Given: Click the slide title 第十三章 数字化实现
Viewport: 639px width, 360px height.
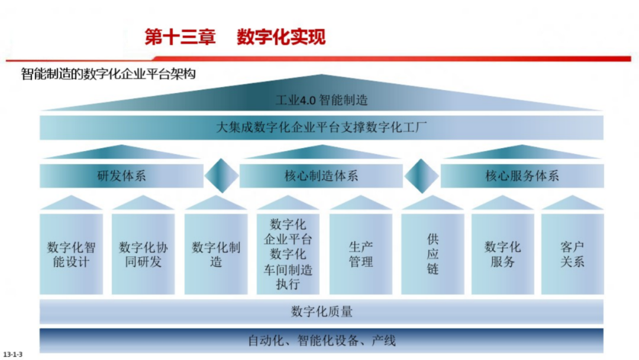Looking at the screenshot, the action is pyautogui.click(x=235, y=37).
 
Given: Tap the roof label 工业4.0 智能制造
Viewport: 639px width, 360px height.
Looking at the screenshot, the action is pyautogui.click(x=321, y=100).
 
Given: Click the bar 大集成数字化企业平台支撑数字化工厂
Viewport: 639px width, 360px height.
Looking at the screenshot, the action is pyautogui.click(x=321, y=127).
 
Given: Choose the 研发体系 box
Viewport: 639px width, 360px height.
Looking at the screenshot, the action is pyautogui.click(x=121, y=176).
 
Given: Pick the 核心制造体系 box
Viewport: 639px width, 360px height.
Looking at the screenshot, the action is pyautogui.click(x=321, y=176).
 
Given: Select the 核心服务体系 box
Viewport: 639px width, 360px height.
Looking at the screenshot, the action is pyautogui.click(x=522, y=176).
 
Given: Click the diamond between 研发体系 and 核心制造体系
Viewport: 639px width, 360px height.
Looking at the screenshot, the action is pyautogui.click(x=221, y=176).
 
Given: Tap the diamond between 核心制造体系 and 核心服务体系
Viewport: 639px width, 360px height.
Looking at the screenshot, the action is pyautogui.click(x=421, y=176).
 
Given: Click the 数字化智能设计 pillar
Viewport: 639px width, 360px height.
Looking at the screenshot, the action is pyautogui.click(x=71, y=254).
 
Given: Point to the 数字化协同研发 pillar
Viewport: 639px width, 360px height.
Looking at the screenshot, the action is pyautogui.click(x=143, y=254).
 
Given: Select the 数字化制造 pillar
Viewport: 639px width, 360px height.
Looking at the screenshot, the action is pyautogui.click(x=215, y=254).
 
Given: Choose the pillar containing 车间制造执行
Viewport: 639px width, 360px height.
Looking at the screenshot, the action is pyautogui.click(x=288, y=254).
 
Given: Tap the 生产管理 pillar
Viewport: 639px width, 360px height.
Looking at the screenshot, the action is pyautogui.click(x=360, y=254).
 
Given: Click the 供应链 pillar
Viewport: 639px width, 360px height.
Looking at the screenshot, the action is pyautogui.click(x=433, y=254).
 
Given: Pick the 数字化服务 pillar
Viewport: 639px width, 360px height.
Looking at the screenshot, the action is pyautogui.click(x=502, y=254).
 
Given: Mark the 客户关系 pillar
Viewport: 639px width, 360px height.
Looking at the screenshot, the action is pyautogui.click(x=572, y=254).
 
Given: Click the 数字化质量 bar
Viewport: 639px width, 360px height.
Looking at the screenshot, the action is pyautogui.click(x=321, y=311).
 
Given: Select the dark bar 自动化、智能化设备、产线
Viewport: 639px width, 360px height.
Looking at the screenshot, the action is pyautogui.click(x=321, y=340).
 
